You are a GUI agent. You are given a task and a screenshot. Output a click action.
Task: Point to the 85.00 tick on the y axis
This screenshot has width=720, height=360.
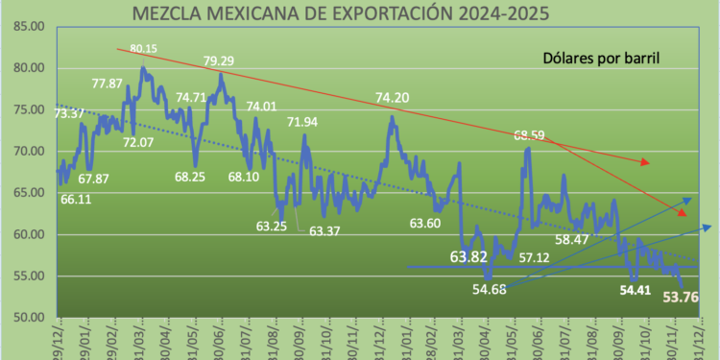(29, 26)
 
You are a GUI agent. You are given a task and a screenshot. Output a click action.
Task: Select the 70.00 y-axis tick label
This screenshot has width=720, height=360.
(29, 152)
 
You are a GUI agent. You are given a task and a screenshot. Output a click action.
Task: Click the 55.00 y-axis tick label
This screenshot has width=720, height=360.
(29, 276)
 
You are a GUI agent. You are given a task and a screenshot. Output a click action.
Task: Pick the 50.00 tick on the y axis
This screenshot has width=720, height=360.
(29, 318)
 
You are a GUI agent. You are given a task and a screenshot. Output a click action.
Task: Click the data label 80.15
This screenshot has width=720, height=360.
(144, 48)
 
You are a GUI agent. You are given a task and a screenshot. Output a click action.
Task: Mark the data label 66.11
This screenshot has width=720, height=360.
(77, 200)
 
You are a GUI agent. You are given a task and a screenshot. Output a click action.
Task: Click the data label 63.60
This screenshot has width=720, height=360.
(424, 224)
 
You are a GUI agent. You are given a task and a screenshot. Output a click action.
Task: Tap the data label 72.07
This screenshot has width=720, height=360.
(137, 143)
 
